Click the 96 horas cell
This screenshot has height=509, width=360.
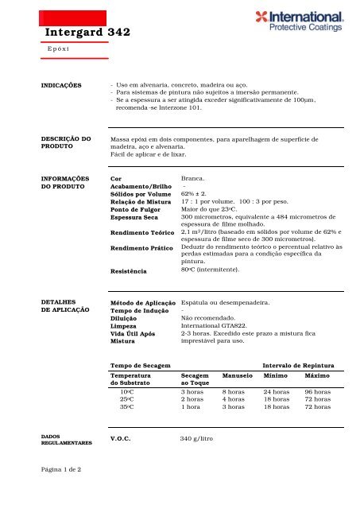click(x=319, y=392)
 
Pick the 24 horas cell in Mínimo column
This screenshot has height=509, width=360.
click(x=277, y=392)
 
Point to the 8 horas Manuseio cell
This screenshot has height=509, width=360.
click(x=233, y=392)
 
